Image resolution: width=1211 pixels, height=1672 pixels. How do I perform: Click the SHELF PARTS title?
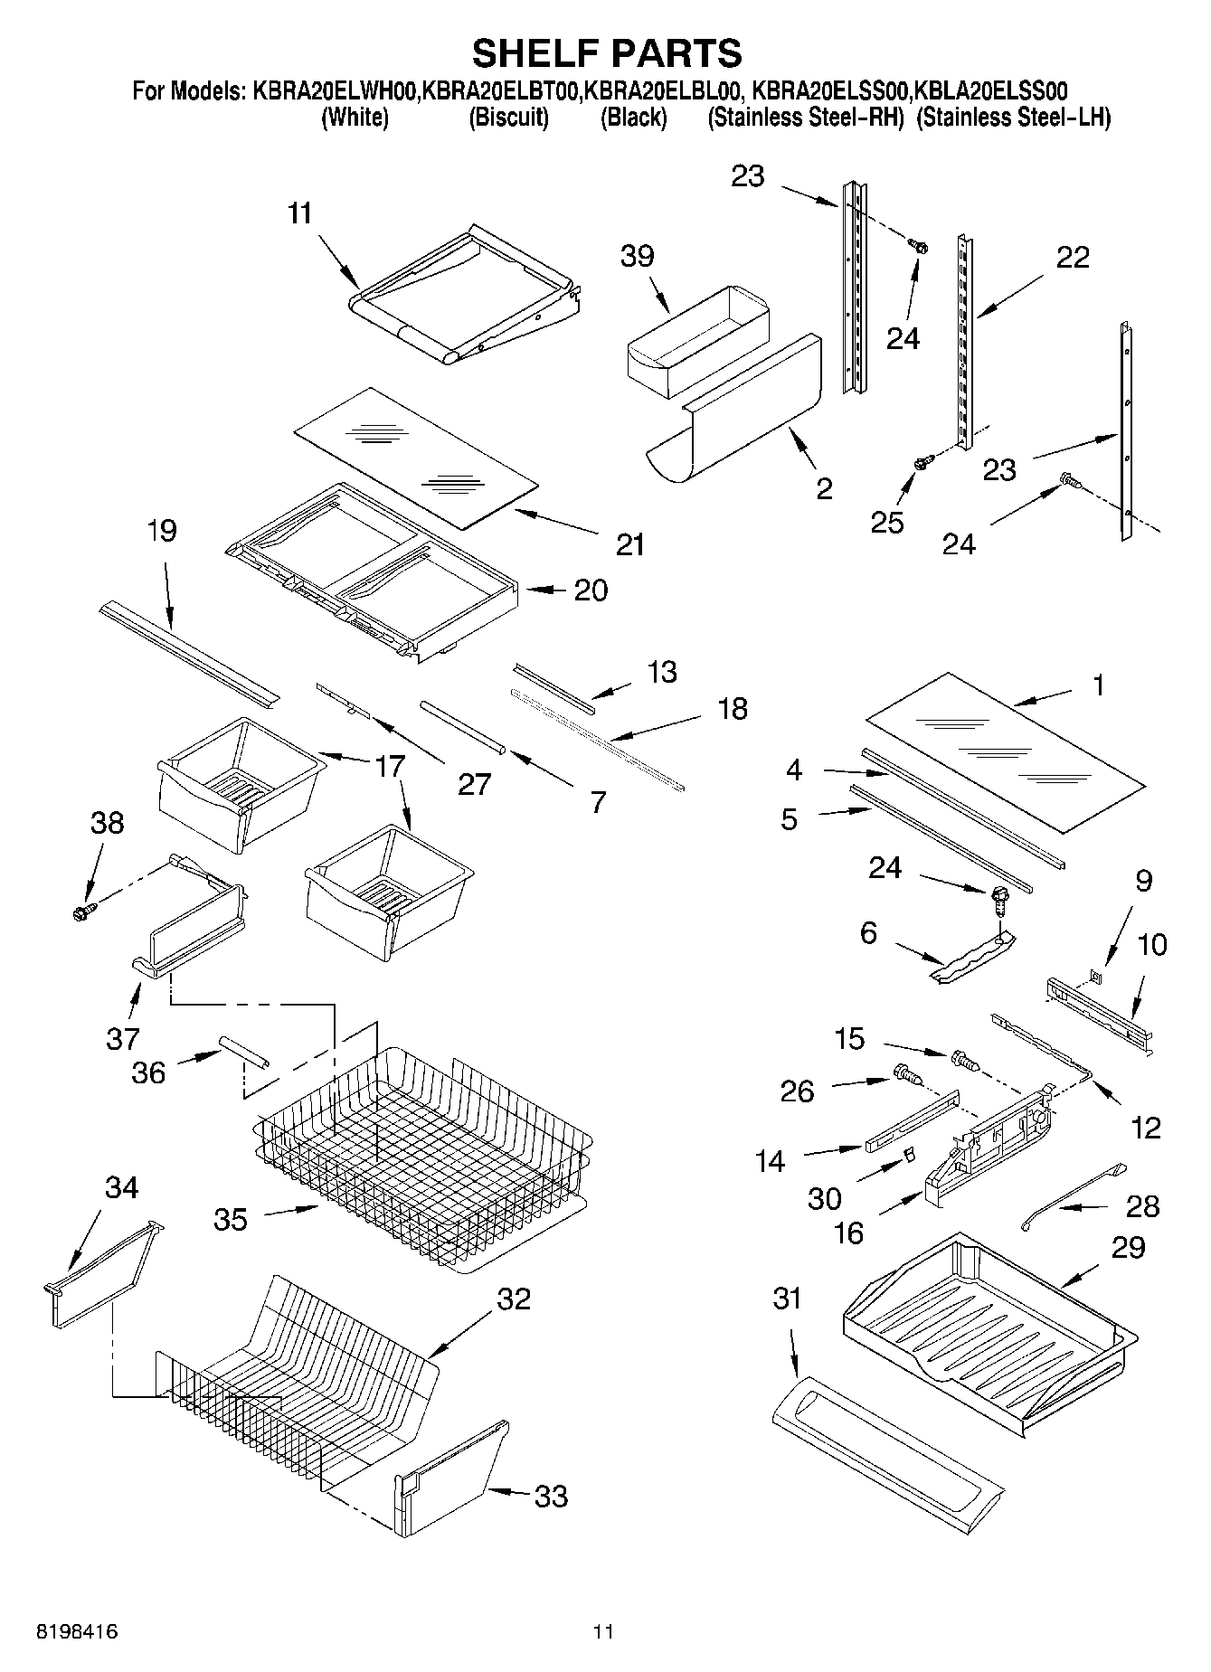click(607, 53)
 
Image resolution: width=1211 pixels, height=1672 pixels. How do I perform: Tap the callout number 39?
click(637, 256)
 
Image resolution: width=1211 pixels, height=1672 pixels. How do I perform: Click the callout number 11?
click(299, 213)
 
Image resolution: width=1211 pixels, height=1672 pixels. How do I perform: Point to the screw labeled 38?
click(82, 913)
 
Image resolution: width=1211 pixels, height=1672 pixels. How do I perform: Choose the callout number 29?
click(1128, 1248)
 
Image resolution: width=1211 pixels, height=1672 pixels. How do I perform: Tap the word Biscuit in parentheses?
click(508, 118)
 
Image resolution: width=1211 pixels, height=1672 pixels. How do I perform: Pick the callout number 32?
click(513, 1299)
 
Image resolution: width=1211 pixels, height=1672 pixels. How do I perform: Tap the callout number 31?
click(787, 1299)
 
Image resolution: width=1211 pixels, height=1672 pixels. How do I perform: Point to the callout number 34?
click(121, 1187)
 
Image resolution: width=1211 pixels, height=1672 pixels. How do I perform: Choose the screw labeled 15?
click(964, 1060)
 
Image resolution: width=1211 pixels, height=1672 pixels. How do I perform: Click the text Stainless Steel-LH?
click(1013, 118)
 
